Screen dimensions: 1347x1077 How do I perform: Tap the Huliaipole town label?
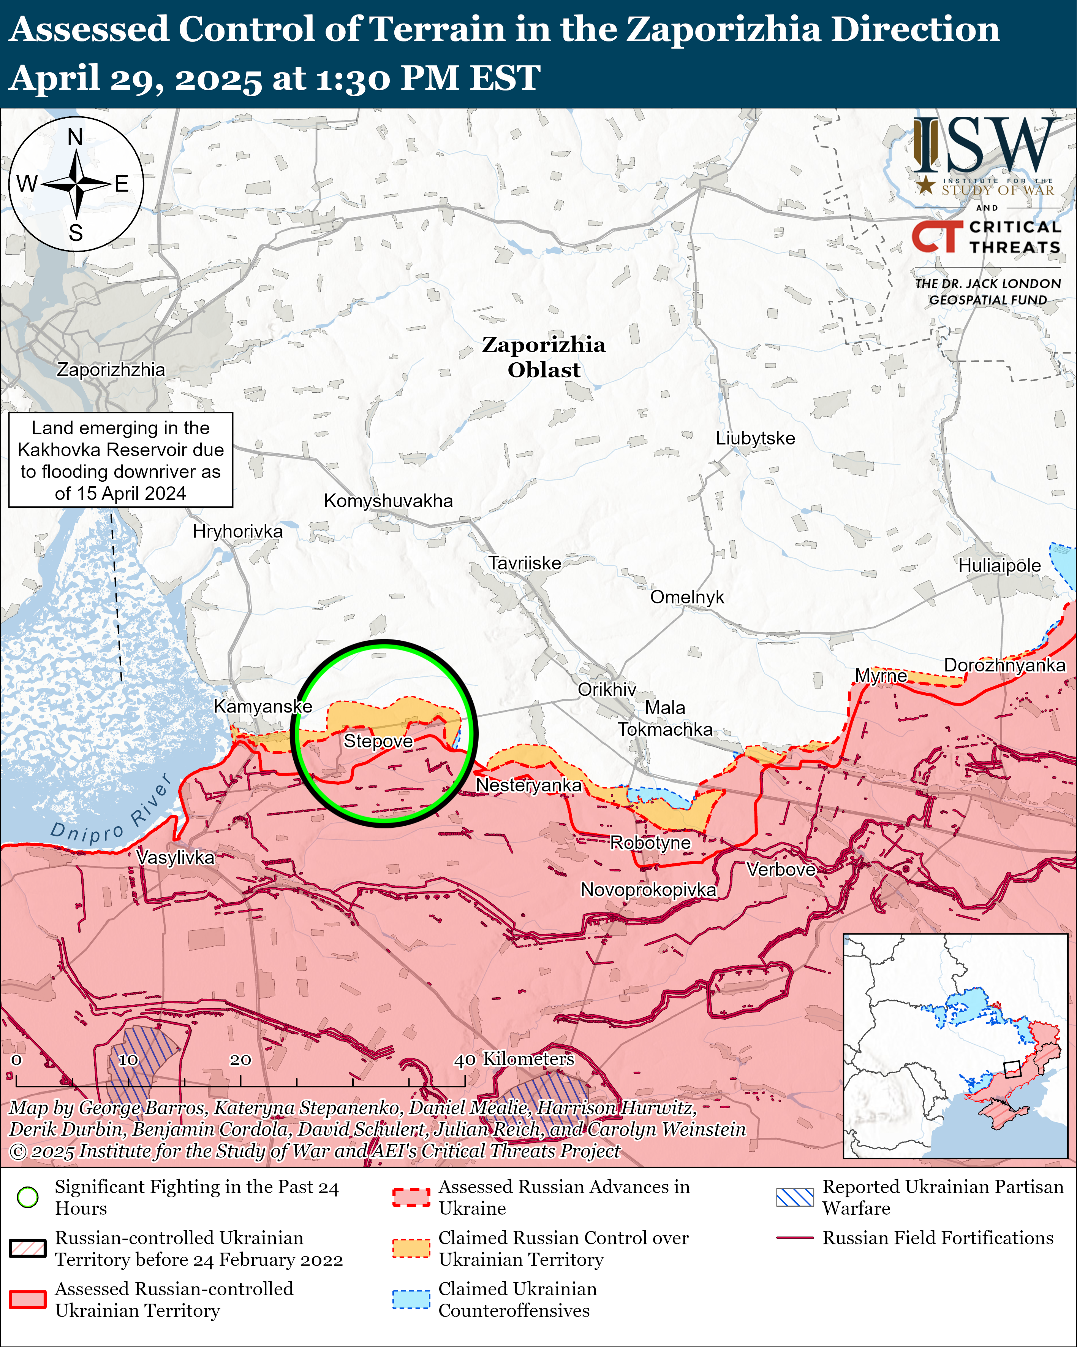[x=999, y=565]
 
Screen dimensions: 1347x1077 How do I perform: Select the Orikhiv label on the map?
[x=606, y=689]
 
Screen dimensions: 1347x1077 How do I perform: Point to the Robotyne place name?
[x=650, y=843]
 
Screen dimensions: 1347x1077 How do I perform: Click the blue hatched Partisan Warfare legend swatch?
[x=795, y=1197]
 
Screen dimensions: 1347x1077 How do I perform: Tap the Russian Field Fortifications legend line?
[x=795, y=1238]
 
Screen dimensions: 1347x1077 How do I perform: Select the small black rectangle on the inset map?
[x=1011, y=1069]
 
